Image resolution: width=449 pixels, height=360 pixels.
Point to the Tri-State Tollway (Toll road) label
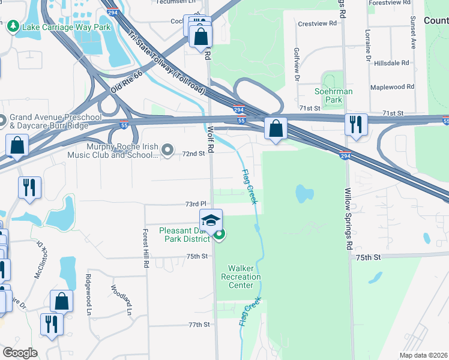(x=166, y=64)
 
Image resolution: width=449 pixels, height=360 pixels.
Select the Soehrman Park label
(x=333, y=95)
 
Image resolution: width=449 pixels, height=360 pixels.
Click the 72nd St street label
(x=193, y=154)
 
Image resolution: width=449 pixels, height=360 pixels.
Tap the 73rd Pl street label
(x=196, y=205)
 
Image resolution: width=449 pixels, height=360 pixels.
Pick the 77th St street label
(x=198, y=325)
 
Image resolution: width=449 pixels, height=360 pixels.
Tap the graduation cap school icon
(x=211, y=221)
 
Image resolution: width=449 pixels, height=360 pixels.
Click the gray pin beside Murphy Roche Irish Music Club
(x=168, y=149)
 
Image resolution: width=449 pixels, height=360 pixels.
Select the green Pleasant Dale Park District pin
(x=220, y=235)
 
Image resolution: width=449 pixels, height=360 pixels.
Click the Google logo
(x=20, y=353)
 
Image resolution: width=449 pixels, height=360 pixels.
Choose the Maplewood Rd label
(x=393, y=87)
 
